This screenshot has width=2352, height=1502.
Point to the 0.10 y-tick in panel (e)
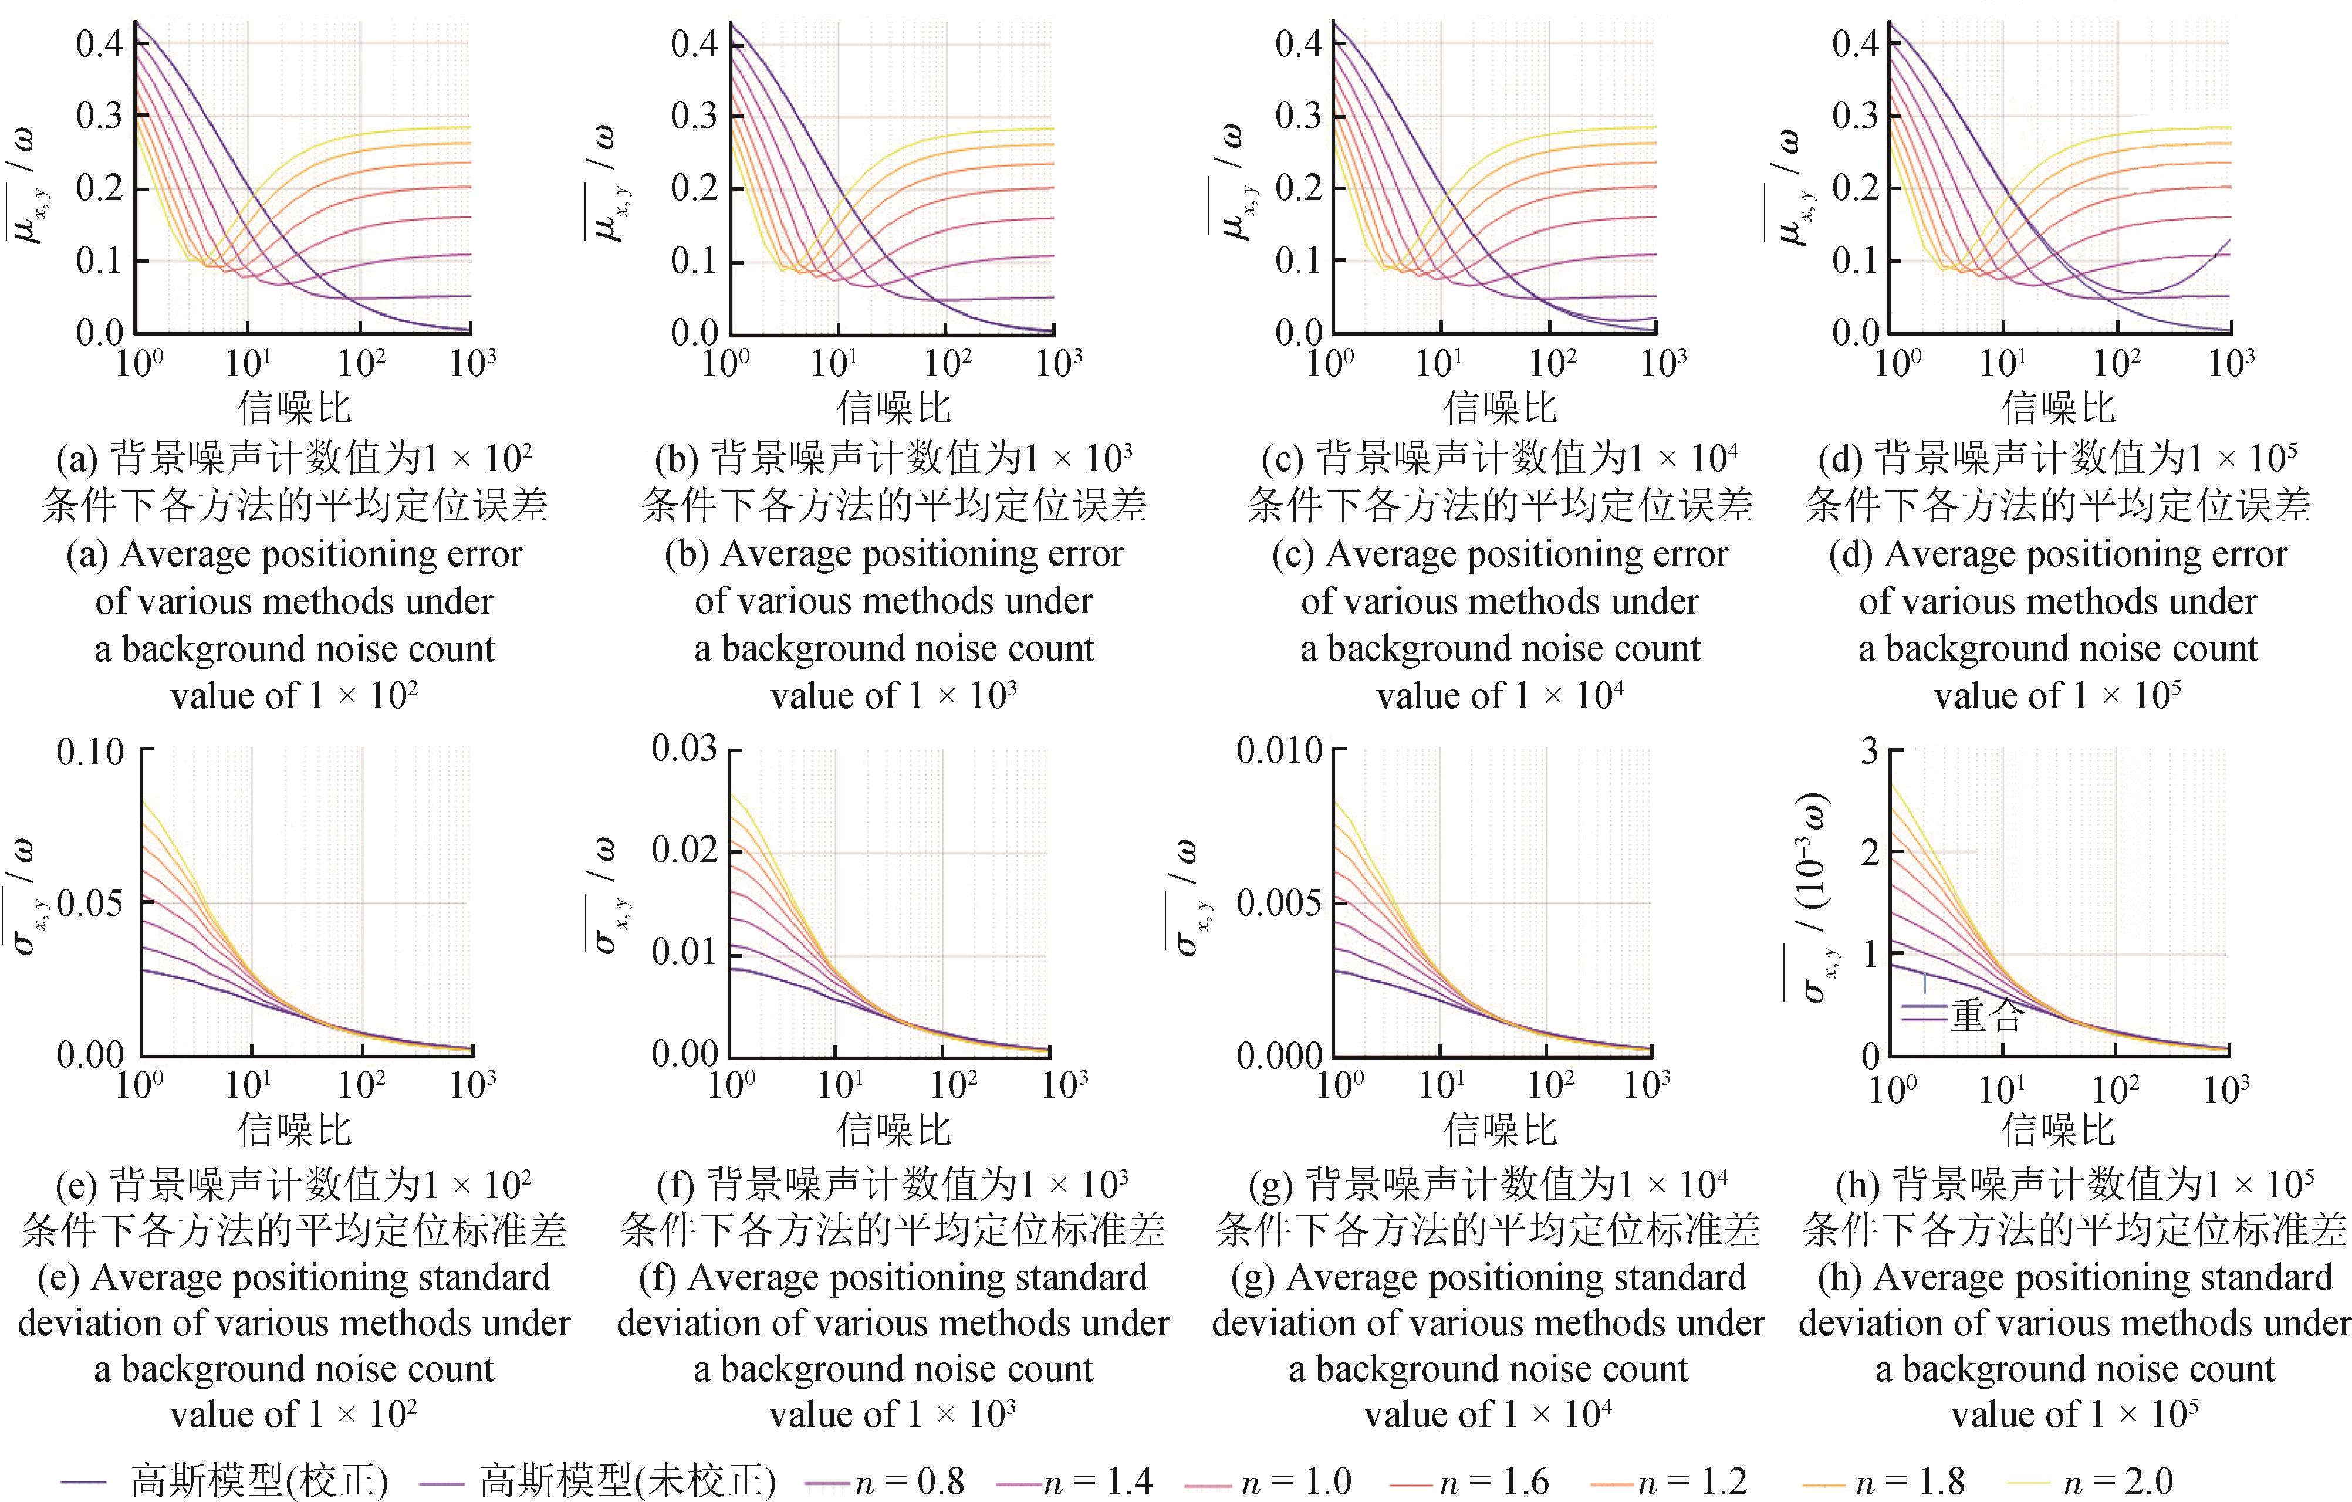[x=90, y=752]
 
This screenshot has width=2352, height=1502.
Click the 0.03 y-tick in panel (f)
[x=684, y=749]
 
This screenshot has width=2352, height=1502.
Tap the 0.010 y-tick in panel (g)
[x=1279, y=751]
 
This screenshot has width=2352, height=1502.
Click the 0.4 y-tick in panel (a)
[x=100, y=44]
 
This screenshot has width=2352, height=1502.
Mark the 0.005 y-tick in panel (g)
[x=1279, y=902]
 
